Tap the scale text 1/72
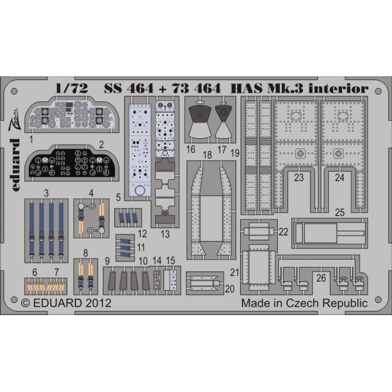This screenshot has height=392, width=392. (x=72, y=88)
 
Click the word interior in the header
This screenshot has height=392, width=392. (x=338, y=88)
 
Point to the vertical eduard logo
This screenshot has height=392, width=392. (x=15, y=165)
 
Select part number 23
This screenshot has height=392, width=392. (x=299, y=178)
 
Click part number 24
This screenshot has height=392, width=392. (x=340, y=178)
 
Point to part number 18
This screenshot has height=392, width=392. (x=207, y=155)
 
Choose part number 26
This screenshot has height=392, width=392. (x=321, y=278)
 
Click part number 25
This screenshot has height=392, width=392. (x=340, y=213)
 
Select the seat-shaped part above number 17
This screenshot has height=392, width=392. (x=223, y=121)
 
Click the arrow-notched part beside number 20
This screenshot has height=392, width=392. (x=204, y=283)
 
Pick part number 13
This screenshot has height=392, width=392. (x=165, y=234)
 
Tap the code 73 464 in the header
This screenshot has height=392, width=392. (x=196, y=88)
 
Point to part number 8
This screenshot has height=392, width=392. (x=85, y=253)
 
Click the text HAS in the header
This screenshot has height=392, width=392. (x=246, y=88)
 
